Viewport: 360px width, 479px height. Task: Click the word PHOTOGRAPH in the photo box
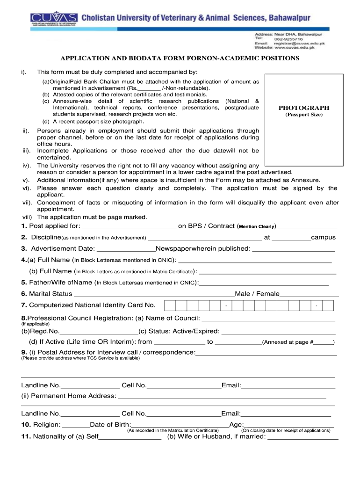point(304,108)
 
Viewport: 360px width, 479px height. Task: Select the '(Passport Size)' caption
point(304,115)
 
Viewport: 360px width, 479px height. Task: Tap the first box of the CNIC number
point(170,305)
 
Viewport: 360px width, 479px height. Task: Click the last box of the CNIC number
point(328,305)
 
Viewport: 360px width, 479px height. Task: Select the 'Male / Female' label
point(257,294)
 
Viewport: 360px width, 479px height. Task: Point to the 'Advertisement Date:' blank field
point(126,250)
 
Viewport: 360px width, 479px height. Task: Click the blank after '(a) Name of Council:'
point(268,319)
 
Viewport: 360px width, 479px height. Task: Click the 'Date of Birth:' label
point(110,424)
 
